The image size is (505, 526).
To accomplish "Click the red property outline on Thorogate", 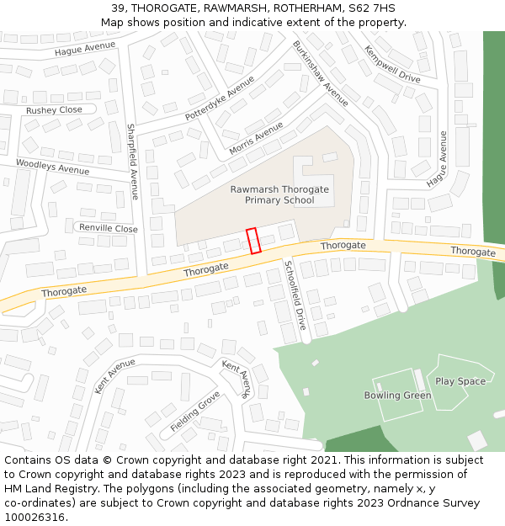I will (x=253, y=241).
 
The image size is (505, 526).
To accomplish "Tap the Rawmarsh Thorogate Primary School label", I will (x=279, y=194).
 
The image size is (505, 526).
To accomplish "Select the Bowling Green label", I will (x=397, y=396).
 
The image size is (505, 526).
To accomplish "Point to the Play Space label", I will (x=460, y=381).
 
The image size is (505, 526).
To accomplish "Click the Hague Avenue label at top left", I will (x=84, y=49).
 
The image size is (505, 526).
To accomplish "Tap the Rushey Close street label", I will (x=54, y=110).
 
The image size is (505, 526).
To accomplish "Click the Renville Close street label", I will (x=108, y=228).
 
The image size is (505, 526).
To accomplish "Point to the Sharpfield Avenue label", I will (x=132, y=162).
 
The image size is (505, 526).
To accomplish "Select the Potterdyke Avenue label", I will (x=219, y=98).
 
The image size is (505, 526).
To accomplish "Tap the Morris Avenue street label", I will (x=256, y=139).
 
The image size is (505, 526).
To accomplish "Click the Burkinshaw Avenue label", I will (x=320, y=73).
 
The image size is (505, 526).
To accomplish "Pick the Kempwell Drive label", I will (x=391, y=64).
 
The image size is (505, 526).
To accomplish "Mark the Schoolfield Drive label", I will (x=295, y=294).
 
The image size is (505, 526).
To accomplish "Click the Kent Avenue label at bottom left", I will (x=114, y=375).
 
